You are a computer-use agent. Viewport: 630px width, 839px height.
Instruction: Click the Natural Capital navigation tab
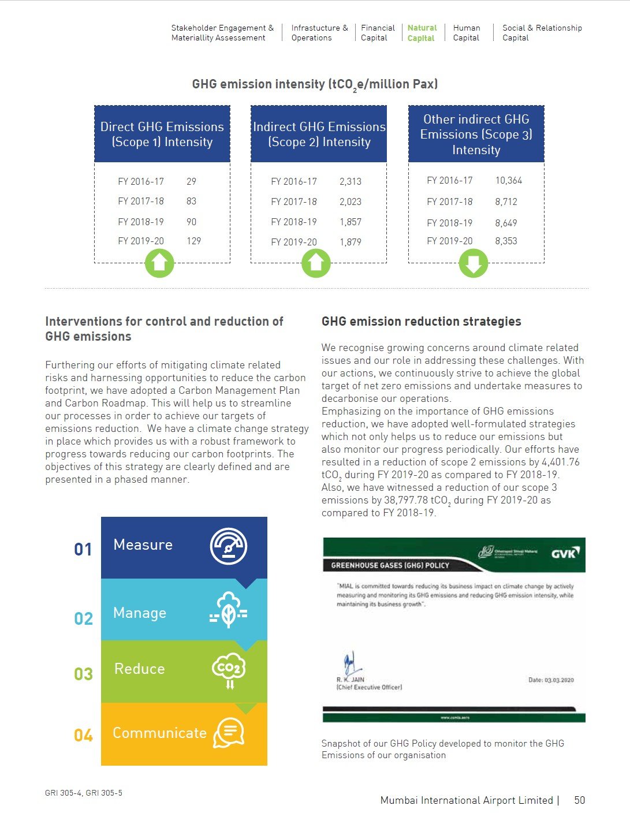coord(422,33)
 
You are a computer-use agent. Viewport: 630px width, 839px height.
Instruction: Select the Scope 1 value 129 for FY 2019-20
coord(193,241)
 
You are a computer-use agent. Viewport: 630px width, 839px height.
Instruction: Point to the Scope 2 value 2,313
coord(350,181)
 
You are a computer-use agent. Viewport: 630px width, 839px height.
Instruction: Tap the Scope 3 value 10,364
coord(508,180)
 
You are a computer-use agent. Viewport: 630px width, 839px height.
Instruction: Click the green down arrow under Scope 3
coord(473,263)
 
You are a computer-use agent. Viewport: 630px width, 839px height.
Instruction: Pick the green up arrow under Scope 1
coord(159,263)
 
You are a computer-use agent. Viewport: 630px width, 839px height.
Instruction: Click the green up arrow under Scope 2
coord(316,263)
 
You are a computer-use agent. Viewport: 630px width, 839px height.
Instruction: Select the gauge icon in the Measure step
coord(229,546)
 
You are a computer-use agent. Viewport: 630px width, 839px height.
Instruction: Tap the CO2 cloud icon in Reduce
coord(229,670)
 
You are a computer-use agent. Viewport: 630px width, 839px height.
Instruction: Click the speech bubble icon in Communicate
coord(229,733)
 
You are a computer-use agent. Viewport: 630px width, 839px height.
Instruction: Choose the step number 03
coord(83,674)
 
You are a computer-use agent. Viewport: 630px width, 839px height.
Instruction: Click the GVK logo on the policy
coord(564,553)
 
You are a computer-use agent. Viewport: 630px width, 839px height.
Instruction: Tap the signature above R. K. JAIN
coord(350,663)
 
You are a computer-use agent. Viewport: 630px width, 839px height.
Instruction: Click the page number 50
coord(579,800)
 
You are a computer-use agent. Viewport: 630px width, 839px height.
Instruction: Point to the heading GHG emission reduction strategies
coord(421,322)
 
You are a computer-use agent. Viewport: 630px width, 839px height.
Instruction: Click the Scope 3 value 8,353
coord(506,241)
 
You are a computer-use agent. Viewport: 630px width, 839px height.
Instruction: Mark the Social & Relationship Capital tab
coord(542,33)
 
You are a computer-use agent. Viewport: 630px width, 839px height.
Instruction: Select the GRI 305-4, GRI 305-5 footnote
coord(84,793)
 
